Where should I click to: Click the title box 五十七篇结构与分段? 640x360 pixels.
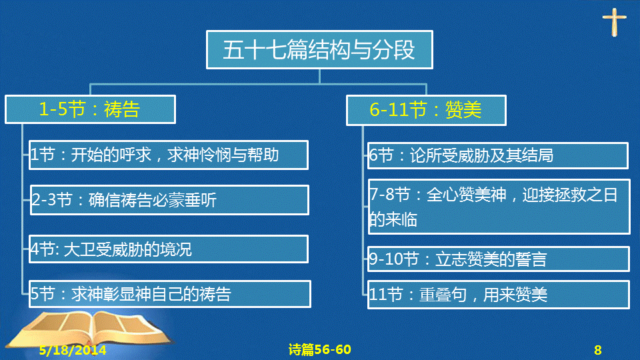(319, 50)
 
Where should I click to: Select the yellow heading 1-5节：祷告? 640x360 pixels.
(90, 109)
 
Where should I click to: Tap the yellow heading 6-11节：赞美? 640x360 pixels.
(426, 110)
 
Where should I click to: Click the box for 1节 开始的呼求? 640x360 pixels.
(169, 155)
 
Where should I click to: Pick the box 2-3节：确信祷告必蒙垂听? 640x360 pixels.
(169, 200)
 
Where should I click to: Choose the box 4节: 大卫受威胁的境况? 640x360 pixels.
(169, 249)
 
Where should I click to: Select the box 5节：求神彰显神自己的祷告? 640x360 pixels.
(170, 294)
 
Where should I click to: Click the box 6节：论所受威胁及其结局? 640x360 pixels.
(497, 155)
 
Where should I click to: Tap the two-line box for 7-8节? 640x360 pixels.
(499, 207)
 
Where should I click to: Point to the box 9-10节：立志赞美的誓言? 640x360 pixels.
(499, 259)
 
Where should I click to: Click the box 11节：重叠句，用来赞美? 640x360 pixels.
(499, 295)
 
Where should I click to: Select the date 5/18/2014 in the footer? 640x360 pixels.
(73, 350)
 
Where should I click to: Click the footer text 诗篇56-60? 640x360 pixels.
(319, 349)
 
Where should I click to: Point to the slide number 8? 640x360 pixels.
(598, 350)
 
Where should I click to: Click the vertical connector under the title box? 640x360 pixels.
(319, 76)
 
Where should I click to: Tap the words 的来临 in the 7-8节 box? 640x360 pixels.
(393, 219)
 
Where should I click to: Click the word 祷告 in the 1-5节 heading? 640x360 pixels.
(122, 109)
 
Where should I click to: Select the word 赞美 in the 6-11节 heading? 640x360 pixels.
(463, 110)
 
